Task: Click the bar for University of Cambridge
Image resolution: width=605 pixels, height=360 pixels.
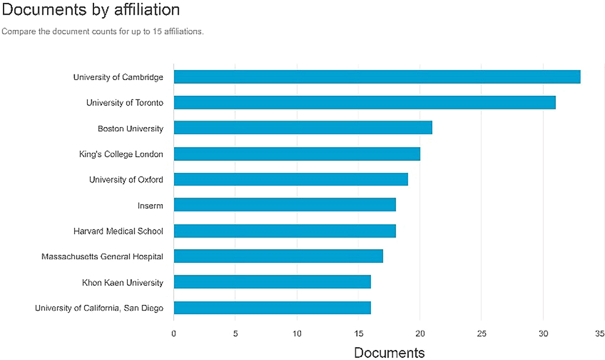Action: point(377,77)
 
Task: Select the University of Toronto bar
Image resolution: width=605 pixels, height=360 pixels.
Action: point(365,103)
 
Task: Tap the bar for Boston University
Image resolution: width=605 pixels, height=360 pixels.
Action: point(303,128)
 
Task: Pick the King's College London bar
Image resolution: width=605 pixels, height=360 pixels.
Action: point(297,154)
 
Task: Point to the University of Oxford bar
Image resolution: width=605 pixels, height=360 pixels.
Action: point(290,179)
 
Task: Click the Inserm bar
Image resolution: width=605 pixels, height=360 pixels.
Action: point(285,205)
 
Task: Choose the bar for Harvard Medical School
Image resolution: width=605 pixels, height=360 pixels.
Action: point(285,231)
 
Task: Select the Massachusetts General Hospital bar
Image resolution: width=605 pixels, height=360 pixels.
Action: point(278,256)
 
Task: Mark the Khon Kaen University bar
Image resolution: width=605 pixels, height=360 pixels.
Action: point(272,282)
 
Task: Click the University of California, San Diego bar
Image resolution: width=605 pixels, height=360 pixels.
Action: point(272,308)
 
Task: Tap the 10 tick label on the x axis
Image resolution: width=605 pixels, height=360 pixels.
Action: point(297,334)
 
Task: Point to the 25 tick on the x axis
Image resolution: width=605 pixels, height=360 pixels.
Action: point(482,334)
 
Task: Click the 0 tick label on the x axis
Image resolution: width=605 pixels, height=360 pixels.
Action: point(174,334)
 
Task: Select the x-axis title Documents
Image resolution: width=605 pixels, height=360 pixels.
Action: point(389,352)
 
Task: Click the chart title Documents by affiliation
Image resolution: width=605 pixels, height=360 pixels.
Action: point(91,9)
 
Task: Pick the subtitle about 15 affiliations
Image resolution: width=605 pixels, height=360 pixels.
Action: point(102,32)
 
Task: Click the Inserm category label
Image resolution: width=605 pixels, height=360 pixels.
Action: point(150,205)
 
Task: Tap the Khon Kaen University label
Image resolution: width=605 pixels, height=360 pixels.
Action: point(123,282)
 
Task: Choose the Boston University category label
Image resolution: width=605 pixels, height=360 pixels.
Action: point(130,129)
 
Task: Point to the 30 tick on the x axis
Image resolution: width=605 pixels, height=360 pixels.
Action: point(543,334)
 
